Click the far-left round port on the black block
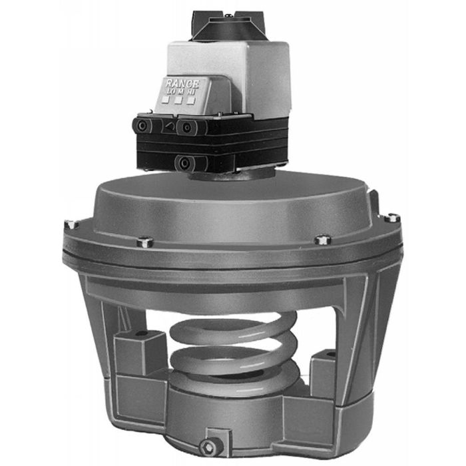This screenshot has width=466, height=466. pos(142,126)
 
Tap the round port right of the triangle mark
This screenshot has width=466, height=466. pos(187,126)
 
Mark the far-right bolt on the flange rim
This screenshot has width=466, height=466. pos(393,217)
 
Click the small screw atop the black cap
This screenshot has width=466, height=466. pos(228,15)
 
